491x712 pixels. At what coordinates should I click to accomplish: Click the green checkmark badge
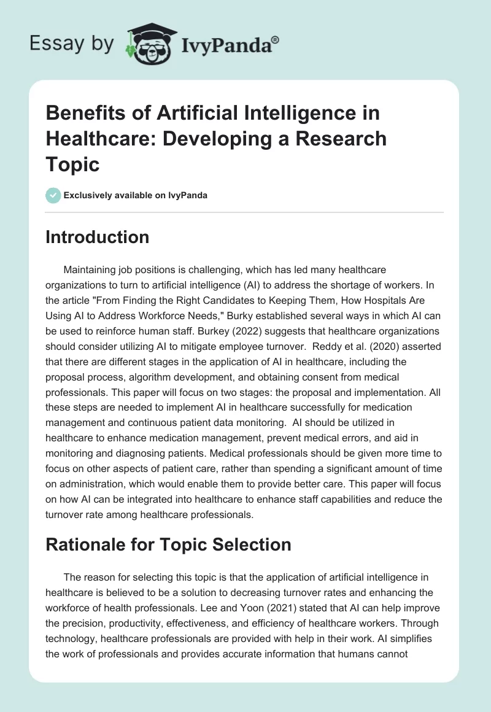pos(53,195)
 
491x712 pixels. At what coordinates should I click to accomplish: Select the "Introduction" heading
pos(97,237)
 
